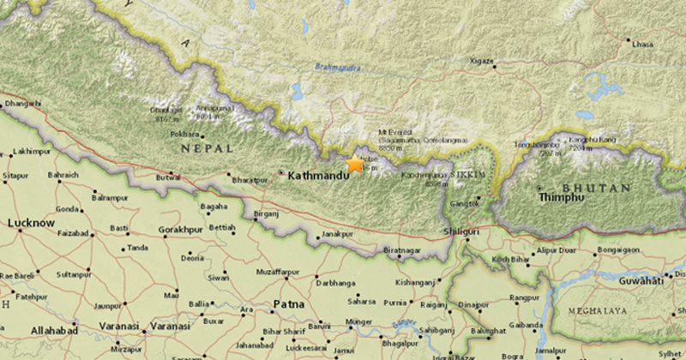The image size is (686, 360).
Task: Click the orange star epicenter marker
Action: point(354,164)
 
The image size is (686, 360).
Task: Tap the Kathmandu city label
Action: point(319,175)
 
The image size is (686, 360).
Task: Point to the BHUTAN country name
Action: point(597,188)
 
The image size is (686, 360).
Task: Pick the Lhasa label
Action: point(643,43)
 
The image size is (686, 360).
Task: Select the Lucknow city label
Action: point(31,223)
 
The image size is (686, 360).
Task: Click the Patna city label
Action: point(289,304)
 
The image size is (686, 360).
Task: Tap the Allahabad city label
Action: point(28,330)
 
